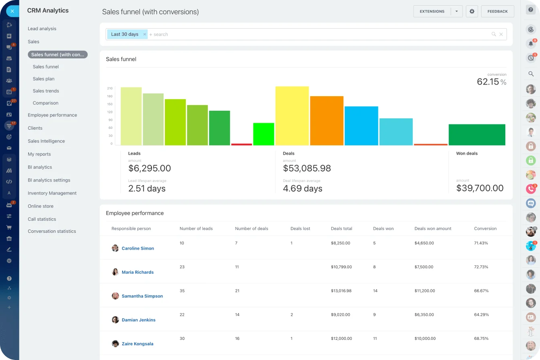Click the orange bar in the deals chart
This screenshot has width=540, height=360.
[x=326, y=120]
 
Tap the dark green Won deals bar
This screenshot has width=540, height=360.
[x=477, y=134]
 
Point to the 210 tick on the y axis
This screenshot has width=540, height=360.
[x=110, y=88]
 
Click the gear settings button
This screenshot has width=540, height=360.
[x=472, y=11]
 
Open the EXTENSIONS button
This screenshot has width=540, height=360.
[x=432, y=11]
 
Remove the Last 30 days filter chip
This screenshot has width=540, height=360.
[x=145, y=35]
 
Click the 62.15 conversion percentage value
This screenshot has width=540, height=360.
[x=488, y=82]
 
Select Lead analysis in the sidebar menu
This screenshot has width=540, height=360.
[x=42, y=29]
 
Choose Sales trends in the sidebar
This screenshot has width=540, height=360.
[x=46, y=91]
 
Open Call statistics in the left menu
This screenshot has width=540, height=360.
[x=42, y=219]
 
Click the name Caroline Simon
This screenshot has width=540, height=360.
[x=138, y=248]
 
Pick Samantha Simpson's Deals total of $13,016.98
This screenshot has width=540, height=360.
[x=341, y=291]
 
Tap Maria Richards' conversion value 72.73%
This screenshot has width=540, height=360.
[x=481, y=267]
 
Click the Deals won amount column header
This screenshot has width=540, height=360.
[x=433, y=229]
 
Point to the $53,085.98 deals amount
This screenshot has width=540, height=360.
[x=307, y=168]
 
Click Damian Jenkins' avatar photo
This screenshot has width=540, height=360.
[x=115, y=320]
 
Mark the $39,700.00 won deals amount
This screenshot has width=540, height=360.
[x=480, y=188]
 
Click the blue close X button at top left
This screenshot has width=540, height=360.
[x=12, y=11]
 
